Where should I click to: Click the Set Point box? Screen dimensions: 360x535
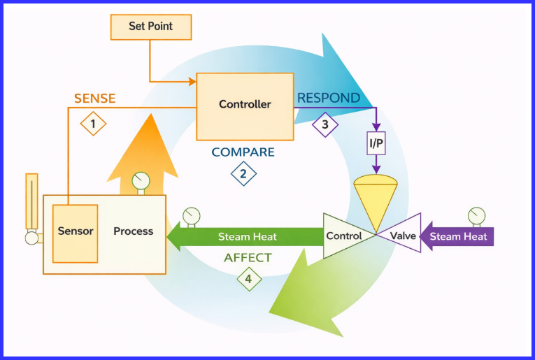click(x=150, y=27)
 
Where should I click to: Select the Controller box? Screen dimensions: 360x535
click(x=245, y=106)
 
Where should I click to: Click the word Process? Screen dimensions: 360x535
click(x=133, y=231)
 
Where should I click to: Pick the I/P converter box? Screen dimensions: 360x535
click(x=376, y=145)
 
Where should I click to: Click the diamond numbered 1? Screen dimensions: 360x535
click(x=93, y=124)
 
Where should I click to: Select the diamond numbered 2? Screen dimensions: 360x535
click(x=243, y=173)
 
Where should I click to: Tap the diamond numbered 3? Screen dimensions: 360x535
click(x=324, y=124)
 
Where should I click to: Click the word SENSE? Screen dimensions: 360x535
click(x=94, y=99)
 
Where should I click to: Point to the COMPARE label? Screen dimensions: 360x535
click(x=243, y=152)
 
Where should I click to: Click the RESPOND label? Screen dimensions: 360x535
click(x=329, y=98)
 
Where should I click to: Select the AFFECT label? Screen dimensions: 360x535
click(x=248, y=258)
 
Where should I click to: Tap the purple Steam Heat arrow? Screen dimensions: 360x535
click(x=458, y=236)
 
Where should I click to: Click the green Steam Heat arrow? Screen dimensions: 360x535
click(x=245, y=236)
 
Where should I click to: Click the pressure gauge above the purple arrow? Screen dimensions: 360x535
click(x=476, y=213)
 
